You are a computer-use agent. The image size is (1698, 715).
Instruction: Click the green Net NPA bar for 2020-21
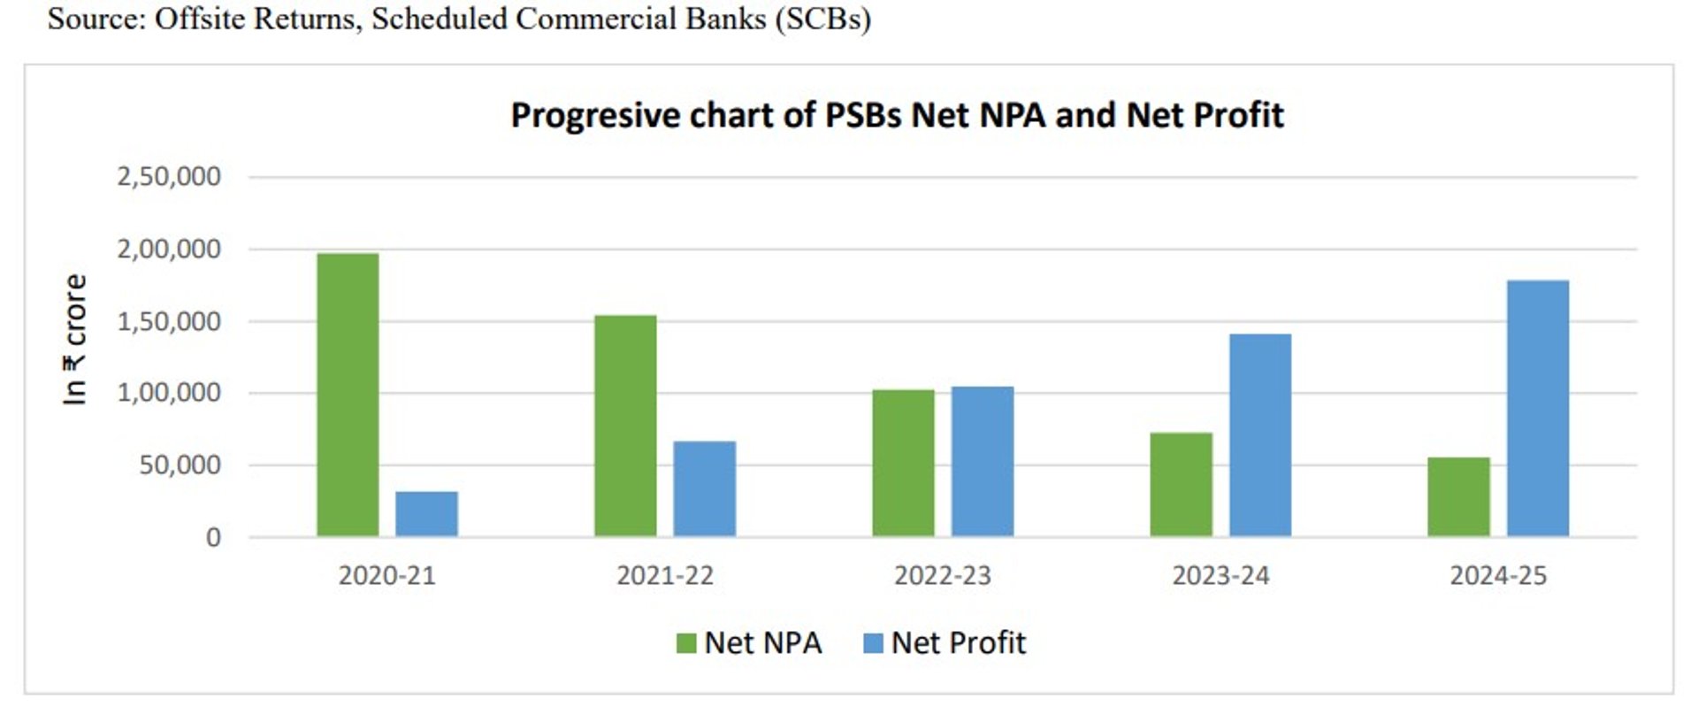tap(348, 395)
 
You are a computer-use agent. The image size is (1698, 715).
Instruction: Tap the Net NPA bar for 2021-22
tap(625, 426)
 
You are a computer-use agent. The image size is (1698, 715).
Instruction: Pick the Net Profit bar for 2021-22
tap(704, 488)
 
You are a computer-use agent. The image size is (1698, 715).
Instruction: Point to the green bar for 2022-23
tap(903, 463)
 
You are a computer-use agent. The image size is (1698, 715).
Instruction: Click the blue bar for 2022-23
tap(982, 461)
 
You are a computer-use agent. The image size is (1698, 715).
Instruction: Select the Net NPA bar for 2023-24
tap(1181, 484)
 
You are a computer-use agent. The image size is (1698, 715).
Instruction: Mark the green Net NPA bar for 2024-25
tap(1458, 496)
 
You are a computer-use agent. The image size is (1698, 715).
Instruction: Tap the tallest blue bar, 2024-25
tap(1537, 408)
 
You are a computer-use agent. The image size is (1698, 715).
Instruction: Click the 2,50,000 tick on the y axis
tap(169, 177)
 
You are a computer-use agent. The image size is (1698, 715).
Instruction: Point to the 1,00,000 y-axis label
tap(169, 393)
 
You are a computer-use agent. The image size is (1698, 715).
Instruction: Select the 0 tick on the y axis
tap(213, 537)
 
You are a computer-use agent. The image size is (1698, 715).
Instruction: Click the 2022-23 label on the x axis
tap(942, 576)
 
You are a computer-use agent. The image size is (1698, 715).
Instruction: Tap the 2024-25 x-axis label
tap(1497, 576)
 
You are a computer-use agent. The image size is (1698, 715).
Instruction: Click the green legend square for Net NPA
tap(686, 643)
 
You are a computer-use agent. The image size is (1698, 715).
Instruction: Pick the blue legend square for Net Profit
tap(873, 643)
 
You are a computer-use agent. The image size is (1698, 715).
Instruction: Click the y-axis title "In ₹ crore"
tap(75, 340)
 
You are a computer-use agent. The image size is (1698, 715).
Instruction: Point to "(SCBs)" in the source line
tap(822, 19)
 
